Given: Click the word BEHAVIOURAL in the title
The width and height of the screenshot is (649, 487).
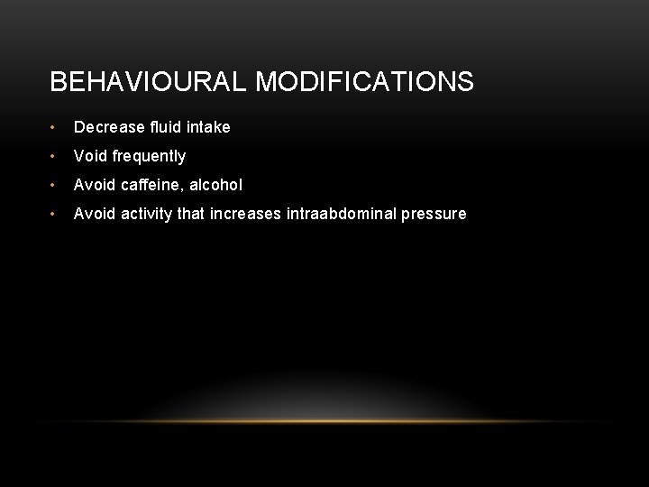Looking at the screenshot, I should (x=149, y=83).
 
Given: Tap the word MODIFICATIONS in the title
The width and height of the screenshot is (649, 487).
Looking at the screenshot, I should (x=364, y=83).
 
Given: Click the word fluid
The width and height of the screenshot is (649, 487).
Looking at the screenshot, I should (x=162, y=127).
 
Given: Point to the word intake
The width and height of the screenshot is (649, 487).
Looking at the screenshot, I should (x=208, y=127).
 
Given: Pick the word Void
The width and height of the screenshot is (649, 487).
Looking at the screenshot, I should (x=89, y=156).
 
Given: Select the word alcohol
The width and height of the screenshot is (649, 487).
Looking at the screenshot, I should (x=216, y=185).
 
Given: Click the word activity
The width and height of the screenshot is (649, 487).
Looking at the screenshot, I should (x=143, y=214).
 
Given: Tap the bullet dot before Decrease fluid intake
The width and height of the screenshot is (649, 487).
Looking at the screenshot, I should (x=56, y=128).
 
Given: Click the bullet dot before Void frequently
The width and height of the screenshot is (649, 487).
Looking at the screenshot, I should (x=56, y=157).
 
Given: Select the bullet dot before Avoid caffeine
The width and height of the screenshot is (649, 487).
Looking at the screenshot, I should (x=56, y=186).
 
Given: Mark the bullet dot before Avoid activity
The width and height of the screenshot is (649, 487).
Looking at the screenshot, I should (x=56, y=215).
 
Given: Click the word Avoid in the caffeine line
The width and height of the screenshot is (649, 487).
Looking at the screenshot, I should (x=93, y=185).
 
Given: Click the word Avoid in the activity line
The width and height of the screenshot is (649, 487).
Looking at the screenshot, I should (x=93, y=214).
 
